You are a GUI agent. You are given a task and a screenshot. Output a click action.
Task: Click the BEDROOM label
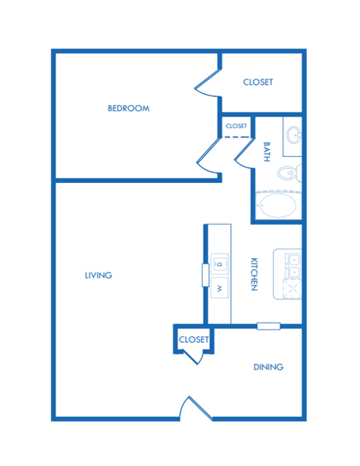point(128,108)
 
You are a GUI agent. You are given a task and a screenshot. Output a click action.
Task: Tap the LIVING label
point(98,275)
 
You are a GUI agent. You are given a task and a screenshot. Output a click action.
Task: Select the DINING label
point(268,367)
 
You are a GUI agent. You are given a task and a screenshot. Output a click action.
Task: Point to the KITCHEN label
point(254,275)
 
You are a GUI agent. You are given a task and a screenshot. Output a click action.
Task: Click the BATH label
point(265,154)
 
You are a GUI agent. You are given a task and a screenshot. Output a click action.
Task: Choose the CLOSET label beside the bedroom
point(258,82)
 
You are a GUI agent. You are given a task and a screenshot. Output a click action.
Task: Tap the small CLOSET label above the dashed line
point(236,126)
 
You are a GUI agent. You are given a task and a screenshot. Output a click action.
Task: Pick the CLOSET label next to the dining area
point(193,340)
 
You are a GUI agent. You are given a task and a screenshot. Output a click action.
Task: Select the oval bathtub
point(276,204)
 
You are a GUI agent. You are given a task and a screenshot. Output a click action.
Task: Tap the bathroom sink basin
point(293,136)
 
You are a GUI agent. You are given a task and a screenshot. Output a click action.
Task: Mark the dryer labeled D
point(220,263)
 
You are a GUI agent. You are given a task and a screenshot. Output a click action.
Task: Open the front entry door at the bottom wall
point(194,409)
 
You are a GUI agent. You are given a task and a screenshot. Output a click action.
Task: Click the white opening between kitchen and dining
point(268,326)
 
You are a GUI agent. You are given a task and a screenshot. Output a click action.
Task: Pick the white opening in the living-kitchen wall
point(205,274)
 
